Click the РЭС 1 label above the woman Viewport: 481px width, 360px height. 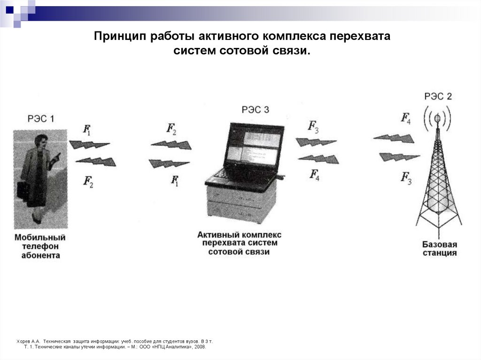tap(40, 119)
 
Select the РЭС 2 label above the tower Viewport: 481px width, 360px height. tap(438, 96)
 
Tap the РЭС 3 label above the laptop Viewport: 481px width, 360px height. tap(256, 110)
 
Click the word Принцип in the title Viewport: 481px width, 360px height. tap(120, 36)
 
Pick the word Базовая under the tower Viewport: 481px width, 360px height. tap(439, 245)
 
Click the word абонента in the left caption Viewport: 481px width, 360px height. tap(40, 255)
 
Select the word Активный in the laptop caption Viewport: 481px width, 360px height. tap(217, 234)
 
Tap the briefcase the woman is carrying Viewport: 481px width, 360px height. tap(23, 189)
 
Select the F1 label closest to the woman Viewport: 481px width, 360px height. tap(87, 130)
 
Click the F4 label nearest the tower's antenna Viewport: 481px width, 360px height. tap(406, 118)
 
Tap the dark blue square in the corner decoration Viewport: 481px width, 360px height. tap(9, 8)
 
